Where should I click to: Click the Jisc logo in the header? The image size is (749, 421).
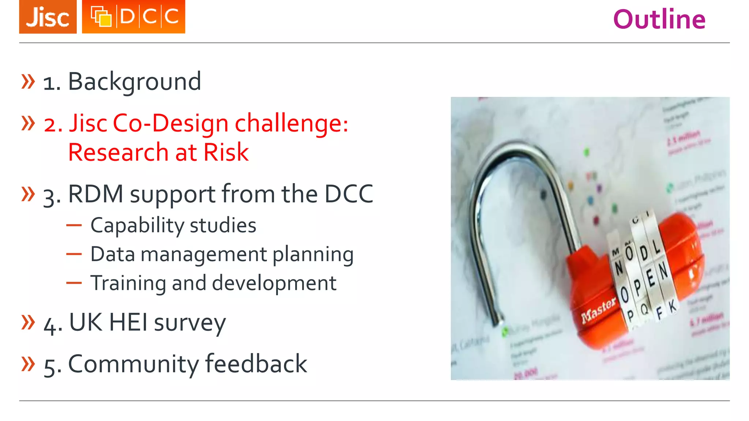[48, 17]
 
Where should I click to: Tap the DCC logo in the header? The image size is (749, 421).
[133, 17]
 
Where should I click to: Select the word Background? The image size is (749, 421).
[135, 81]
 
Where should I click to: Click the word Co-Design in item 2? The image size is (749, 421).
[170, 123]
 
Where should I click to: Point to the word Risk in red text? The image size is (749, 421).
[226, 152]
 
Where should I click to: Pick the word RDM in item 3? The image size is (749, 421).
[95, 194]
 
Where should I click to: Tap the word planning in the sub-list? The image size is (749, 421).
[313, 254]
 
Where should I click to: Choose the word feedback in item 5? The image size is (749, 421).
[256, 364]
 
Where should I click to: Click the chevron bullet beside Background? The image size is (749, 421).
[28, 81]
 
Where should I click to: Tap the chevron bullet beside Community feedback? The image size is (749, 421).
[28, 364]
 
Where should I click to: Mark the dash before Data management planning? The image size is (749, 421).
[74, 254]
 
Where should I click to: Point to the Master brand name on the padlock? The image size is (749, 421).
[598, 310]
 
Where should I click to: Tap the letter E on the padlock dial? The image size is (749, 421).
[650, 279]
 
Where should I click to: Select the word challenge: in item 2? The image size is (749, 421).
[291, 123]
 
